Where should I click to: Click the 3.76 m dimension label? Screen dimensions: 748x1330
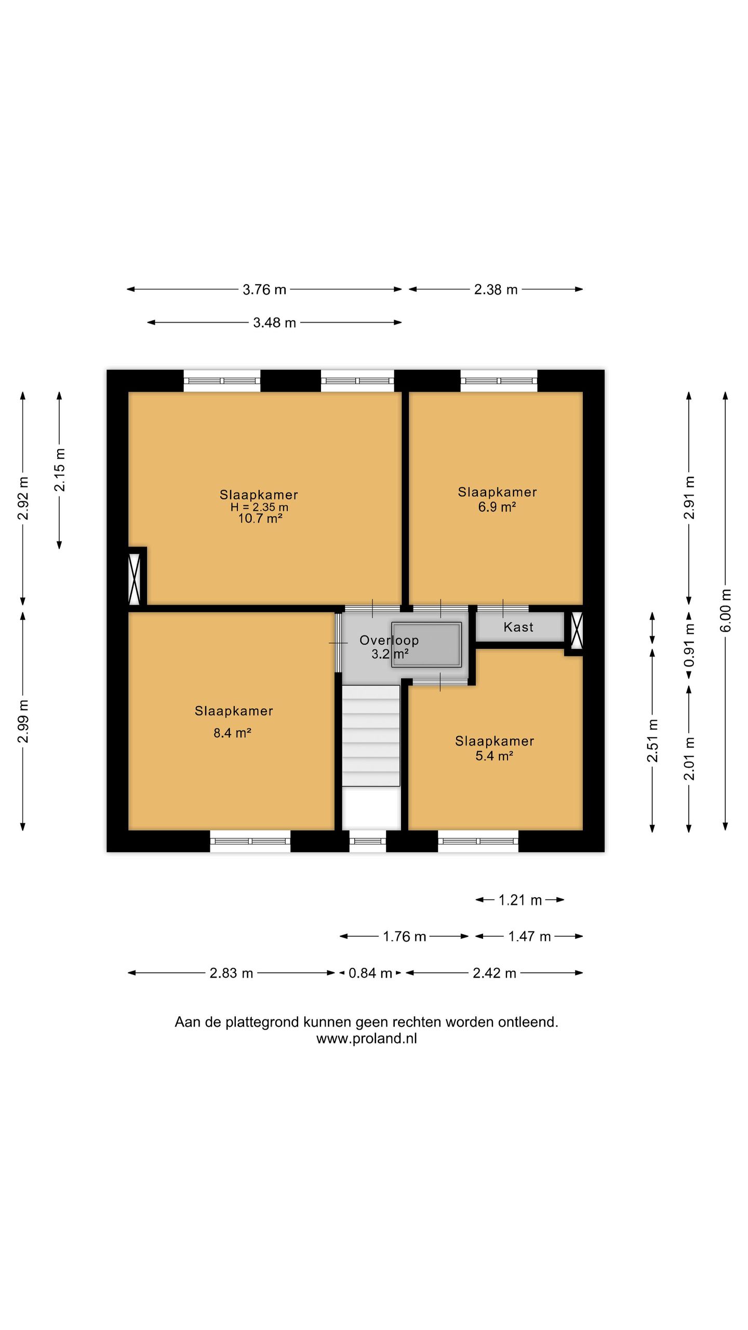coord(264,289)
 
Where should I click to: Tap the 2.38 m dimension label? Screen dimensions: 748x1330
coord(496,289)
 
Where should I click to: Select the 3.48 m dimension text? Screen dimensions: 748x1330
coord(274,323)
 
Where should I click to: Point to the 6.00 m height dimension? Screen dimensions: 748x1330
coord(726,610)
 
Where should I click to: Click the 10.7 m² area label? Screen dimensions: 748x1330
coord(260,518)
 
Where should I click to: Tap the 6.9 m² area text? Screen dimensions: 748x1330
coord(497,507)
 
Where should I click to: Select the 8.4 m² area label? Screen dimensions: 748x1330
coord(232,733)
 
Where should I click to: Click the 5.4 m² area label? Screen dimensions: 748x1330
coord(494,756)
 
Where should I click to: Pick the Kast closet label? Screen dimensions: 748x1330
coord(518,627)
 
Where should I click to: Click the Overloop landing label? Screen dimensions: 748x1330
coord(389,641)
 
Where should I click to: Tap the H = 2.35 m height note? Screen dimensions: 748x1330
coord(259,507)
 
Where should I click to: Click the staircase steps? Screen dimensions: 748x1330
coord(371,736)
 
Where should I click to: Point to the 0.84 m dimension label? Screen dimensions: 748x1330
coord(370,973)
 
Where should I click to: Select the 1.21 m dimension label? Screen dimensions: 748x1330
coord(520,900)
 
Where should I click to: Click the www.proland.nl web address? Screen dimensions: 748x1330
coord(367,1039)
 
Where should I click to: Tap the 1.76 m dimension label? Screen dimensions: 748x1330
coord(404,937)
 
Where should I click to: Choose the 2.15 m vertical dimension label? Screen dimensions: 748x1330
coord(60,470)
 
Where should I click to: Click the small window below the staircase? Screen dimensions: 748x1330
coord(367,841)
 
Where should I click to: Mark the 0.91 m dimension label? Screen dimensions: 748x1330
coord(689,645)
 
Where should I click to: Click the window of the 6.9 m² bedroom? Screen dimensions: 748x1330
coord(499,381)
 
